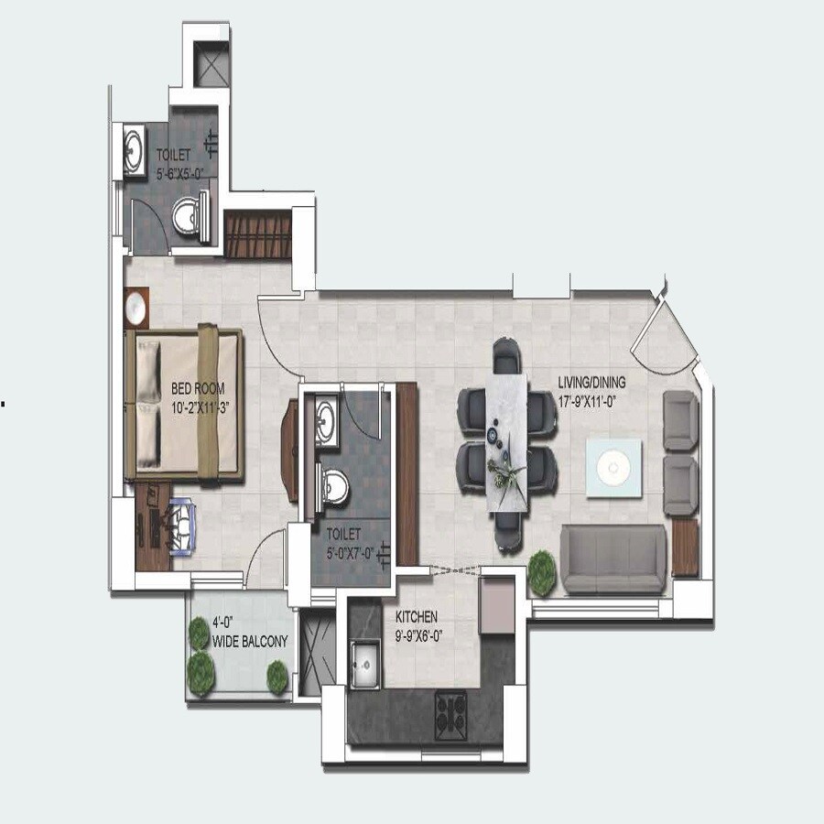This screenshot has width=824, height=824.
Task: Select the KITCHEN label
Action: (x=417, y=617)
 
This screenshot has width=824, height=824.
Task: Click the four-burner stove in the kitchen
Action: (x=450, y=708)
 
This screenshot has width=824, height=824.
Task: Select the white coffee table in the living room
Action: (x=613, y=469)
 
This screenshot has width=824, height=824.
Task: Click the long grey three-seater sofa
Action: (x=613, y=558)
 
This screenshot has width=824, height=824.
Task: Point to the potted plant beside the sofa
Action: (x=541, y=570)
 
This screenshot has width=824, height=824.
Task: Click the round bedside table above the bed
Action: (x=136, y=308)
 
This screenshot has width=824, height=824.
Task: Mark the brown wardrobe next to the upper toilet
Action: (x=257, y=235)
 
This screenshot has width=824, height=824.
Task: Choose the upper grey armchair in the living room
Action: (x=680, y=421)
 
